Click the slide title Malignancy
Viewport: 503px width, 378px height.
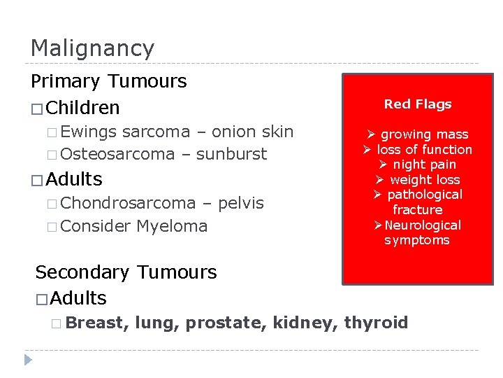click(x=92, y=49)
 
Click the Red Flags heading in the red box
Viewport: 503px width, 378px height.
click(x=418, y=104)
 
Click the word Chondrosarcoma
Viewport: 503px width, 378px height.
click(x=133, y=203)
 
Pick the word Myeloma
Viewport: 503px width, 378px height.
click(x=172, y=226)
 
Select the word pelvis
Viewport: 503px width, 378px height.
click(x=241, y=203)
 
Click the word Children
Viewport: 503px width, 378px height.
click(x=85, y=108)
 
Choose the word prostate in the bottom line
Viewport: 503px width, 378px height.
click(x=233, y=323)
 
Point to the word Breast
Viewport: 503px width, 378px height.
click(x=98, y=323)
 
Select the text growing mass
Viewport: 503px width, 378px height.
click(x=424, y=134)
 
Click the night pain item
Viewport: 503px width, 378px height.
click(x=423, y=164)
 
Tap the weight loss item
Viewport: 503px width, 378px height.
click(x=424, y=180)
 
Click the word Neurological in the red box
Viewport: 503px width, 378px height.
click(x=423, y=225)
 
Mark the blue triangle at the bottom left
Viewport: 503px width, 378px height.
click(x=29, y=360)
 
